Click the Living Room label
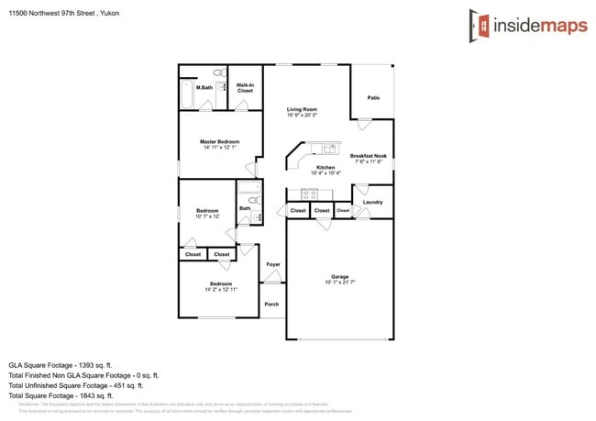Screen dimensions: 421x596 click(x=302, y=110)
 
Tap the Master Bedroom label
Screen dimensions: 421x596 click(x=220, y=141)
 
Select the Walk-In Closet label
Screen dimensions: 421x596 click(x=245, y=89)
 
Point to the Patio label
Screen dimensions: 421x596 click(x=373, y=97)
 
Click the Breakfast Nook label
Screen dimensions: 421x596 click(x=368, y=156)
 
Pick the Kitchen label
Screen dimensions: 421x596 click(x=326, y=166)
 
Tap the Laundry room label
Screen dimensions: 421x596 click(x=372, y=202)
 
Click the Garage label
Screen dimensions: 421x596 click(x=339, y=276)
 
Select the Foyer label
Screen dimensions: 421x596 click(x=272, y=264)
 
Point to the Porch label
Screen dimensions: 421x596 click(x=271, y=304)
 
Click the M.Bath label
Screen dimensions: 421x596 click(x=204, y=88)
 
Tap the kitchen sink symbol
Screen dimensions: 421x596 click(x=328, y=149)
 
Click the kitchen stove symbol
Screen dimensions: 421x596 click(x=309, y=194)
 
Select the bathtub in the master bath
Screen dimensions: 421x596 click(x=186, y=94)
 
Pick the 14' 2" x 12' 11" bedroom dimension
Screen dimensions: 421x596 click(x=220, y=289)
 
